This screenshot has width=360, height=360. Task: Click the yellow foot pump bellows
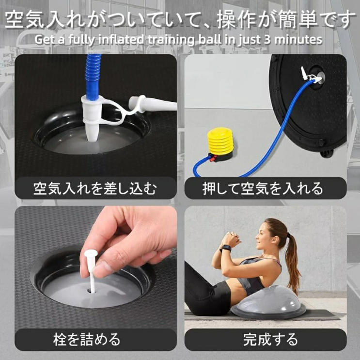[219, 141]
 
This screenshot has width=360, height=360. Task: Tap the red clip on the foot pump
[213, 158]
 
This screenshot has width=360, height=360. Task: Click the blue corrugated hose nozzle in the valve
[94, 75]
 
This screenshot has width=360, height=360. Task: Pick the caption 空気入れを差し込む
[95, 188]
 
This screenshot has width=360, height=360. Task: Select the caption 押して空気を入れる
[263, 188]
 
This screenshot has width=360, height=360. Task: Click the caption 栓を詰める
[87, 340]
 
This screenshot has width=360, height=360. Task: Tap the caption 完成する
[270, 340]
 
